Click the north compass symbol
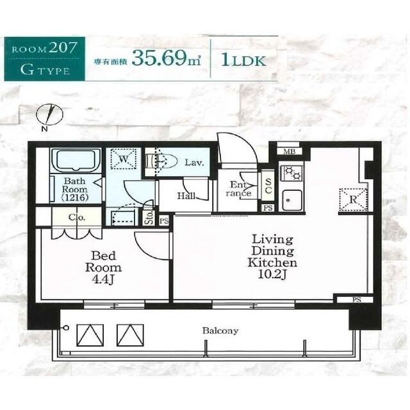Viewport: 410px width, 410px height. [x=49, y=114]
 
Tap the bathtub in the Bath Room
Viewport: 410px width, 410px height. [x=76, y=160]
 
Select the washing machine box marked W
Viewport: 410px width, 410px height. [x=124, y=159]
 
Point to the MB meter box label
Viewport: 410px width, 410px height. [x=289, y=151]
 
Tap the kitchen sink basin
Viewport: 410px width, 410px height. [x=291, y=201]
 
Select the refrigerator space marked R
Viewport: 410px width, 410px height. [x=353, y=199]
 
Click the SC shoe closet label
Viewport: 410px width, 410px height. [x=268, y=186]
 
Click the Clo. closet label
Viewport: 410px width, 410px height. [x=77, y=217]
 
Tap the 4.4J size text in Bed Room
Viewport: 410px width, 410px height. [x=103, y=280]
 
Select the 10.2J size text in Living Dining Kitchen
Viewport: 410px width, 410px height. [x=272, y=274]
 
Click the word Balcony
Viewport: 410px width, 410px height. [x=220, y=331]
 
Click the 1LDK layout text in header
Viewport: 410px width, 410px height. [x=243, y=60]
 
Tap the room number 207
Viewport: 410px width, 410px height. [x=63, y=47]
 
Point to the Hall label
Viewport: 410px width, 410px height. [x=186, y=195]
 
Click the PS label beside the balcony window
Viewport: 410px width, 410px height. [x=357, y=300]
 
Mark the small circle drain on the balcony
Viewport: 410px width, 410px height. [x=67, y=327]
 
